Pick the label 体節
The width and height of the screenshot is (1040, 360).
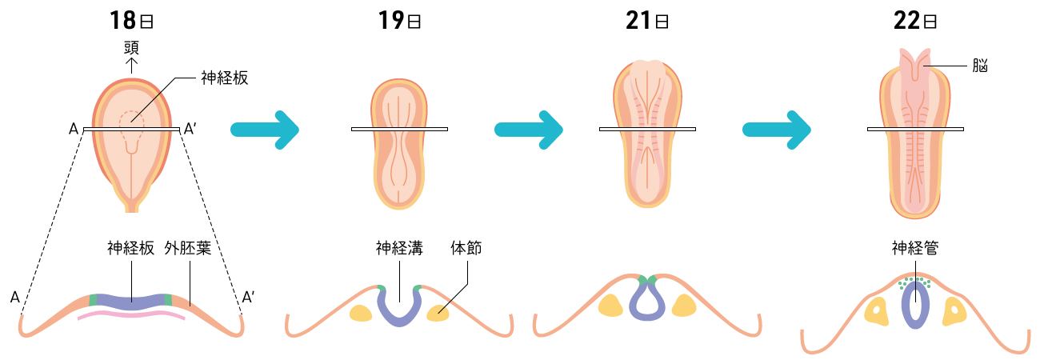point(466,248)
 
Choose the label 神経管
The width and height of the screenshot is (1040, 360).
point(915,248)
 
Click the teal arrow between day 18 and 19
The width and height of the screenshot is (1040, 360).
point(264,129)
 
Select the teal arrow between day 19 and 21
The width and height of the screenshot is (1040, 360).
point(529,129)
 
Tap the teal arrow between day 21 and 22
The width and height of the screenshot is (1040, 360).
point(777,129)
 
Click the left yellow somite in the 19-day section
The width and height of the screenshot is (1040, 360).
point(361,313)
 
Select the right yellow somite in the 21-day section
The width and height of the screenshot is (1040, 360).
point(685,306)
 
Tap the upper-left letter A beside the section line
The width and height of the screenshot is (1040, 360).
point(74,129)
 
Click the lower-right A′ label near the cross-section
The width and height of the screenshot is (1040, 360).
point(248,298)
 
